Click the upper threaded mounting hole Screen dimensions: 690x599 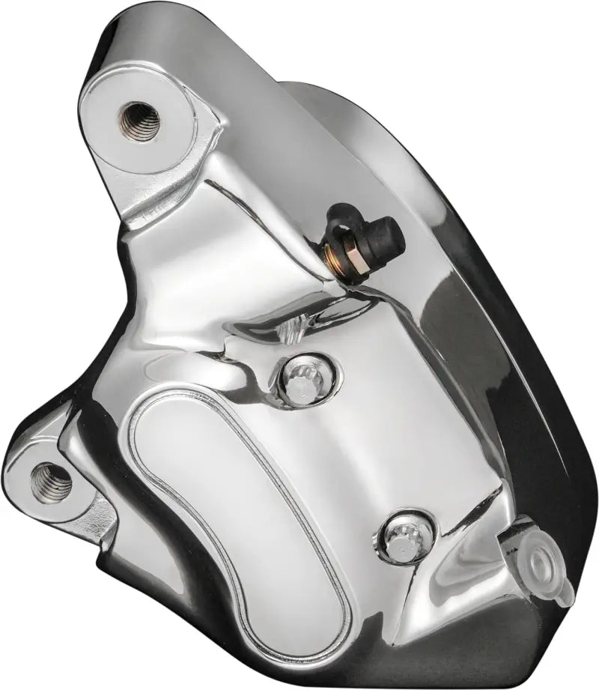pos(139,120)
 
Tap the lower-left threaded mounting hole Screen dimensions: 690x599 pos(51,482)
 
